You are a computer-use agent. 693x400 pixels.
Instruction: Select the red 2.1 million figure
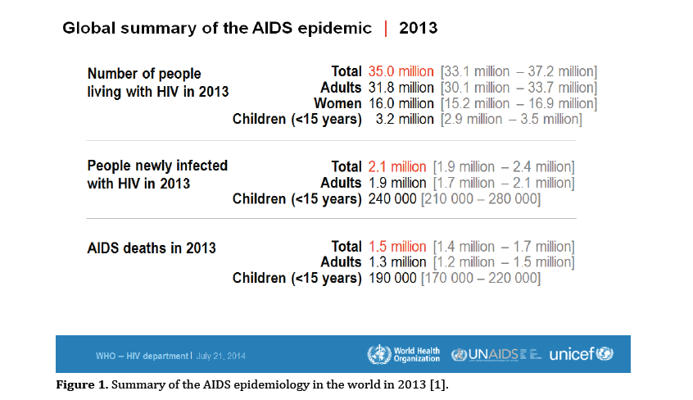click(397, 166)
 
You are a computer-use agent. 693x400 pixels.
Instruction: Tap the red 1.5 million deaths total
click(397, 246)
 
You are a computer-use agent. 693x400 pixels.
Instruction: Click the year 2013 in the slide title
click(418, 28)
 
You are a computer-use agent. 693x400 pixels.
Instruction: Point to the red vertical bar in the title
click(385, 28)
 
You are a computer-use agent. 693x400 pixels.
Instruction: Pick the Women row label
click(337, 103)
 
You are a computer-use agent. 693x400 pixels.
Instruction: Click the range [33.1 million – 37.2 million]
click(519, 71)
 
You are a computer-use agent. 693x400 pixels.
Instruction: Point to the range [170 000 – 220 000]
click(481, 278)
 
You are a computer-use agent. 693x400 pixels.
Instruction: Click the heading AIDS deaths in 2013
click(152, 247)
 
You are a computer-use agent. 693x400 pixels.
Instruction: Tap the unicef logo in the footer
click(581, 355)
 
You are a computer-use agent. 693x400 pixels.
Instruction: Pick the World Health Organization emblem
click(379, 355)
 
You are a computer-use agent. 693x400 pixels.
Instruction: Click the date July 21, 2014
click(221, 356)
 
